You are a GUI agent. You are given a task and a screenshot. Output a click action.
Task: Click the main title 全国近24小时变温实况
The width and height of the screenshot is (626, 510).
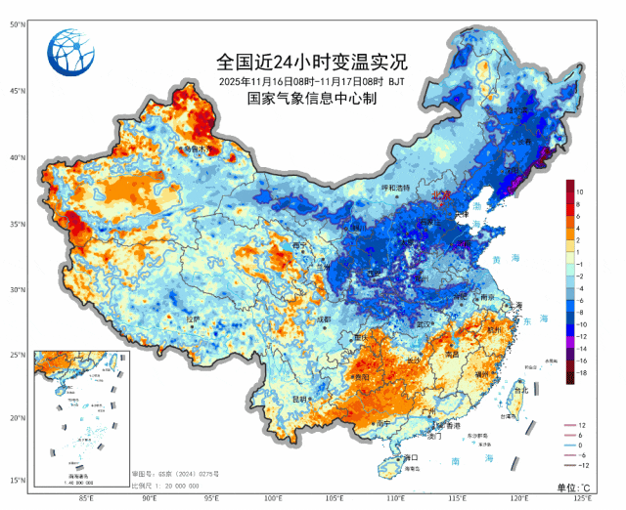(312, 62)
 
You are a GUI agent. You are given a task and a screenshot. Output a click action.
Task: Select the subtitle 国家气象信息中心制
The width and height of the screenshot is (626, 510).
(312, 99)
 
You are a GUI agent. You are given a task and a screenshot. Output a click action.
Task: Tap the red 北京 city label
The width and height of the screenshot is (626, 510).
(441, 195)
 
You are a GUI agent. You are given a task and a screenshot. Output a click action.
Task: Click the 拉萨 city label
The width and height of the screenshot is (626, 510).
(193, 318)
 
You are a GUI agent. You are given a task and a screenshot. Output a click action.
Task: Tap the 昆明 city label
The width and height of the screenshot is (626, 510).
(301, 399)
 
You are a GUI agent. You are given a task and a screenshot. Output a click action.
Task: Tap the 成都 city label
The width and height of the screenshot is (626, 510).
(324, 319)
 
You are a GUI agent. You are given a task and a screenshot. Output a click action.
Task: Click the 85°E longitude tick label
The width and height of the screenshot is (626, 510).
(86, 499)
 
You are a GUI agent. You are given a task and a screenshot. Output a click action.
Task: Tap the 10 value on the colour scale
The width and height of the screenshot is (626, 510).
(580, 191)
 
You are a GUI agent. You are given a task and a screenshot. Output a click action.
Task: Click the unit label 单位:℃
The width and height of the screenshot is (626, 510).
(574, 487)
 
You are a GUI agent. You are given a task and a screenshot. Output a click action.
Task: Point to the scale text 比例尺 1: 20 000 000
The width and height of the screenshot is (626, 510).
(171, 485)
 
